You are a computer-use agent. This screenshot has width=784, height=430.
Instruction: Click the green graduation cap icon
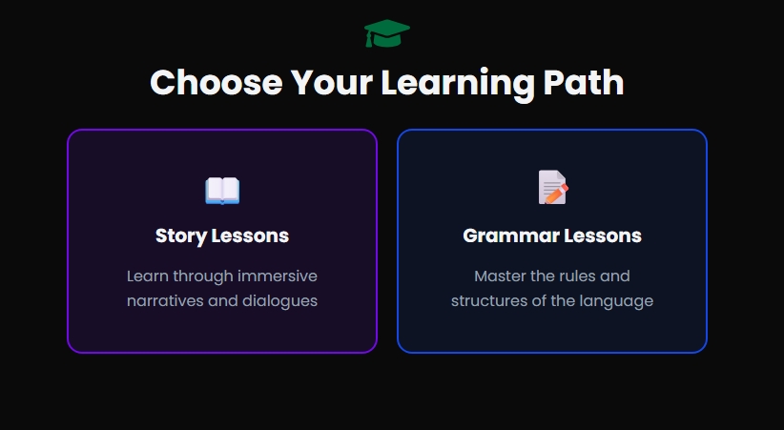coord(386,34)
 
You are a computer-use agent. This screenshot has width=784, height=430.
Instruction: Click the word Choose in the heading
coord(216,83)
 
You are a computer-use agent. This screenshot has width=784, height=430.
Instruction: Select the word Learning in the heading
coord(457,83)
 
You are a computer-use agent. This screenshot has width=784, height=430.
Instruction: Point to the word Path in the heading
coord(583,83)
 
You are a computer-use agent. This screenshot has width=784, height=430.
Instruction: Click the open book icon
coord(222,191)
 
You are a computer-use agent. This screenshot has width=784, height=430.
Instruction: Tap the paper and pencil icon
coord(552,188)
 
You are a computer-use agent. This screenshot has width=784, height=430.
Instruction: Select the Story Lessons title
coord(222,235)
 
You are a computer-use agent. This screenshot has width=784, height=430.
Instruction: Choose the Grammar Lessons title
coord(552,235)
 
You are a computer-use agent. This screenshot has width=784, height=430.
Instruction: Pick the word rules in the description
coord(581,276)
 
